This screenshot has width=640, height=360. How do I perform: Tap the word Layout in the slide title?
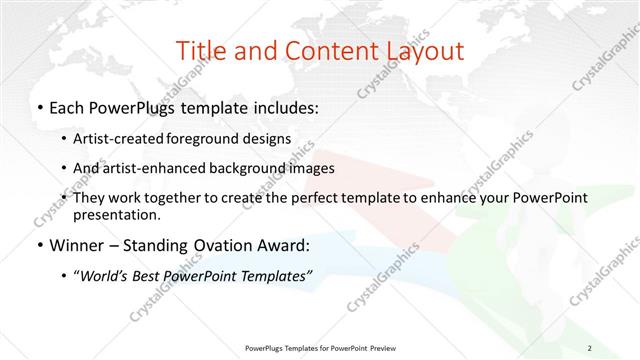point(421,51)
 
